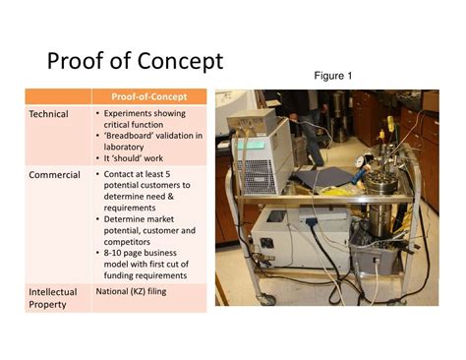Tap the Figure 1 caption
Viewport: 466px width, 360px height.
tap(332, 76)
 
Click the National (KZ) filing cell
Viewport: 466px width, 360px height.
tap(145, 292)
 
